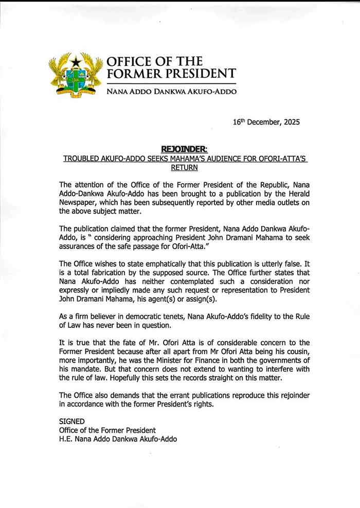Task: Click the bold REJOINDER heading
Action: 184,149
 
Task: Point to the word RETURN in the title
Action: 184,168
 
